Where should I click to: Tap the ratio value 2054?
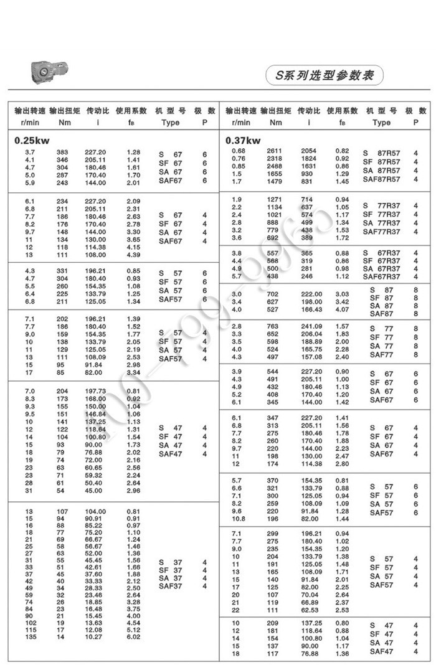click(309, 151)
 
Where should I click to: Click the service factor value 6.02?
click(133, 637)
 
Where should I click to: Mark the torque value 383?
click(62, 152)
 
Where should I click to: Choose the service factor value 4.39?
click(133, 255)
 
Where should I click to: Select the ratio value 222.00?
click(311, 294)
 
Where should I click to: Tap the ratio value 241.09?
click(311, 326)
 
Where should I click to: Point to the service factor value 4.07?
click(343, 309)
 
